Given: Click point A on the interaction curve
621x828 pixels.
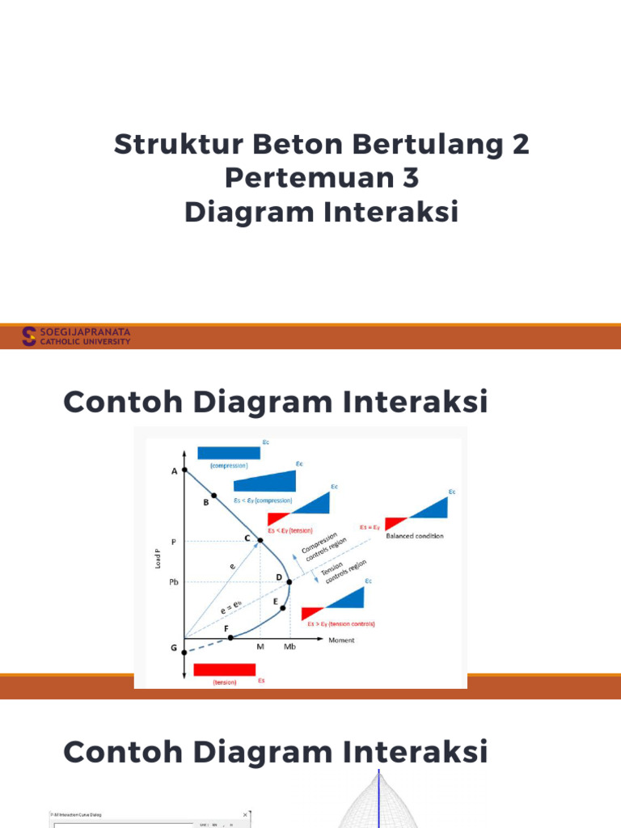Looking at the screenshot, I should click(x=184, y=469).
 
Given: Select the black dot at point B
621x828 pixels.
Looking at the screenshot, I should click(x=213, y=496).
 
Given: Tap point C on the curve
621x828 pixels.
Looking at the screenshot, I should click(x=260, y=540).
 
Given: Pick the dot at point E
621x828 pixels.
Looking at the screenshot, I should click(x=283, y=608).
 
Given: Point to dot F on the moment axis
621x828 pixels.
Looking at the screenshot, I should click(x=230, y=638).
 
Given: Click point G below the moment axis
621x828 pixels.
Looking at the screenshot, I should click(x=184, y=652).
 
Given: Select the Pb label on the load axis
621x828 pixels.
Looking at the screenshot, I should click(x=173, y=581).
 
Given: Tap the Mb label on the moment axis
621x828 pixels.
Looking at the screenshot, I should click(x=289, y=648).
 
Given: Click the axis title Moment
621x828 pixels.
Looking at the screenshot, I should click(x=341, y=640).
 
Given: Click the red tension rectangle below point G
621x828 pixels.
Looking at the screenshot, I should click(x=225, y=670).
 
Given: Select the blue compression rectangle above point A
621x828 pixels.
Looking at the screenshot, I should click(x=228, y=452).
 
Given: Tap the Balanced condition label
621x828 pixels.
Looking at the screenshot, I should click(x=415, y=536).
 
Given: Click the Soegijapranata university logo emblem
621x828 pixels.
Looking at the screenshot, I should click(x=29, y=336).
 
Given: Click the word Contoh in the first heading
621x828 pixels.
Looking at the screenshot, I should click(x=125, y=402).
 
